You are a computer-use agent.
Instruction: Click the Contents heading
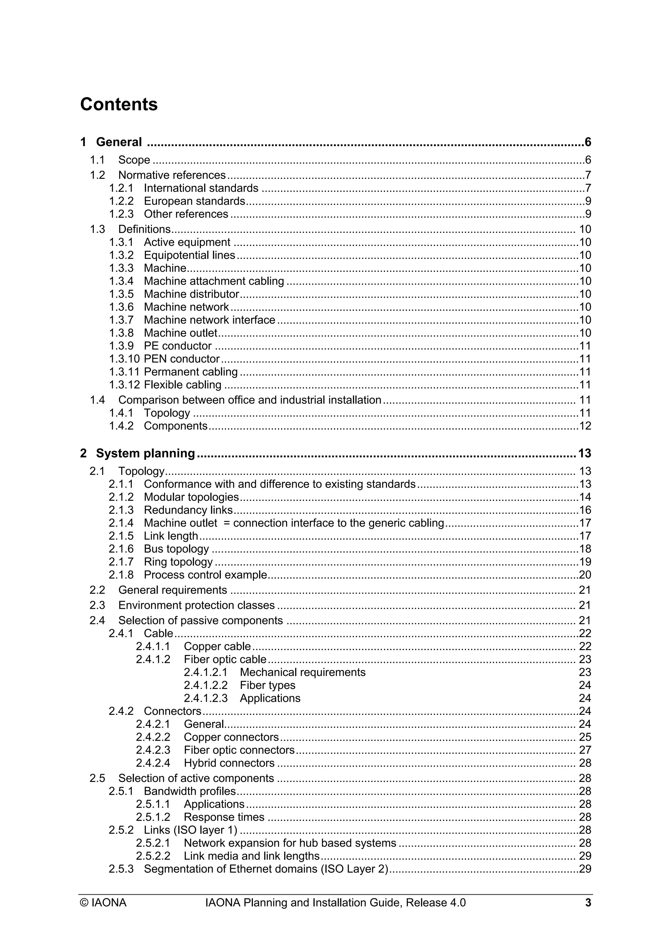[119, 104]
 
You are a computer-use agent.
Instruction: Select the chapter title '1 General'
[111, 142]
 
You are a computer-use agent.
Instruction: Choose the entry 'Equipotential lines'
[189, 255]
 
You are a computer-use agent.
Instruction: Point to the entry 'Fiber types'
[267, 685]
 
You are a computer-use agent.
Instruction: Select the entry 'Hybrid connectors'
[229, 763]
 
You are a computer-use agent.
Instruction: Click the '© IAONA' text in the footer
[103, 903]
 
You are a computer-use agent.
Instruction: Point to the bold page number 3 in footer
[588, 903]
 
